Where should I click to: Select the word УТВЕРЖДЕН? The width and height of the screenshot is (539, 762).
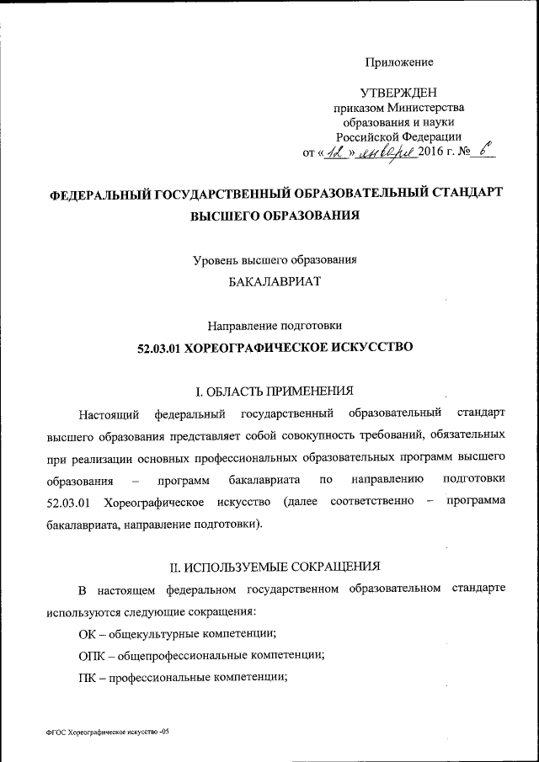(x=398, y=92)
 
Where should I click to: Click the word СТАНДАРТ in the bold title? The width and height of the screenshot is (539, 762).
(x=462, y=193)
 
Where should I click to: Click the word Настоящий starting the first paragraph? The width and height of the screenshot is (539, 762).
(x=104, y=414)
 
